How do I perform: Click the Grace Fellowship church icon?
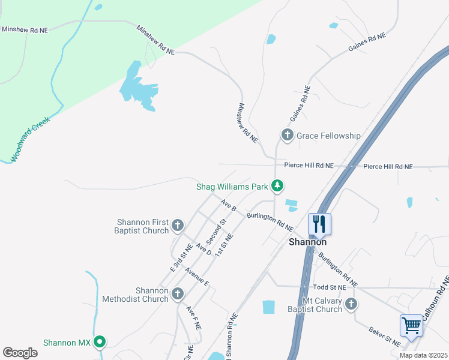tap(288, 136)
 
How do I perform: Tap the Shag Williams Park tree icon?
tap(277, 187)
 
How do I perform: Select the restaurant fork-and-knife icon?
tap(319, 224)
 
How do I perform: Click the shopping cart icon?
tap(411, 325)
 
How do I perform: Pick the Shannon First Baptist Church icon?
tap(177, 226)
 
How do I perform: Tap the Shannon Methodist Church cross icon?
tap(177, 294)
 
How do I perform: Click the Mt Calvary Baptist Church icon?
tap(352, 305)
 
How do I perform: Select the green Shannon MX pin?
tap(100, 343)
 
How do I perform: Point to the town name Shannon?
tap(308, 242)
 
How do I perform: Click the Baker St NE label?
tap(385, 336)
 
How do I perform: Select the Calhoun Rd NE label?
tap(436, 298)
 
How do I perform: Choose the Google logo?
tap(20, 353)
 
